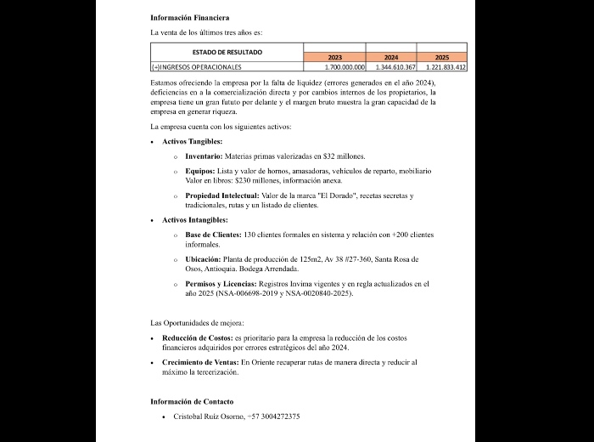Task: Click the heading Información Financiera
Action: pyautogui.click(x=189, y=17)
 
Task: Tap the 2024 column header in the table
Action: pyautogui.click(x=391, y=58)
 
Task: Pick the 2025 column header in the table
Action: pyautogui.click(x=441, y=58)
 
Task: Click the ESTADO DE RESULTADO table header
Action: pyautogui.click(x=227, y=52)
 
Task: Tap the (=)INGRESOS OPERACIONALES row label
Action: pyautogui.click(x=197, y=66)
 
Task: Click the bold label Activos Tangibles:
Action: pyautogui.click(x=193, y=141)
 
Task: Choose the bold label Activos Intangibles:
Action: pyautogui.click(x=195, y=220)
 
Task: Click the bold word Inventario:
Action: pyautogui.click(x=204, y=156)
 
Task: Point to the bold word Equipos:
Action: pyautogui.click(x=200, y=171)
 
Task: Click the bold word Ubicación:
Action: pyautogui.click(x=205, y=258)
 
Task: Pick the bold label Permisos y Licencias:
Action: pyautogui.click(x=221, y=283)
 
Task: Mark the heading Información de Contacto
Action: pyautogui.click(x=192, y=401)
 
